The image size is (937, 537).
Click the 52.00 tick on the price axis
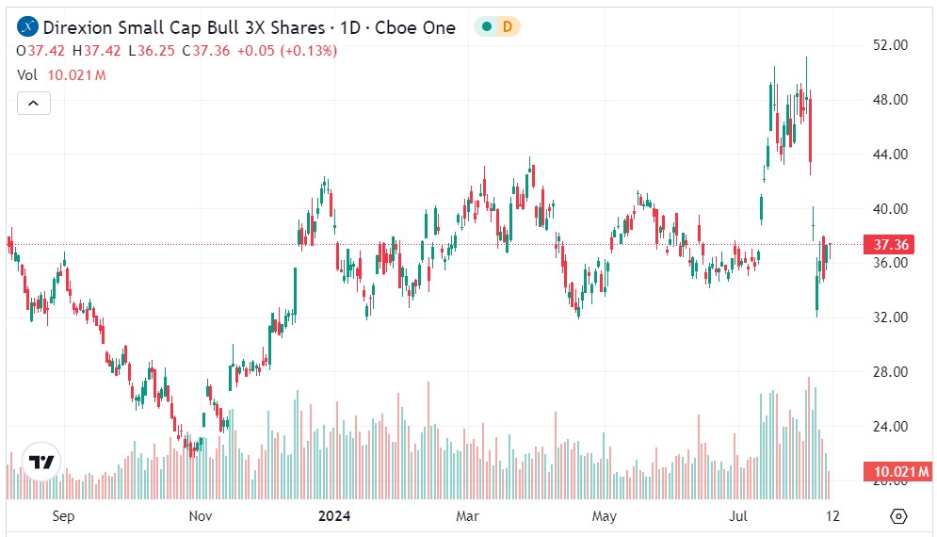tap(890, 44)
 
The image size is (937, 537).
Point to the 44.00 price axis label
tap(890, 155)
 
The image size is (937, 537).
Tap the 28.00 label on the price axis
tap(890, 372)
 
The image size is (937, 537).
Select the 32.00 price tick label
tap(890, 317)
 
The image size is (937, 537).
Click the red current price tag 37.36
tap(890, 245)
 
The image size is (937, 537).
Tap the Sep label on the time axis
tap(63, 516)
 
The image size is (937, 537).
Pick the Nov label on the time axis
tap(200, 516)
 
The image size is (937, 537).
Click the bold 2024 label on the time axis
tap(334, 516)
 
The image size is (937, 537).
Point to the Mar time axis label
tap(467, 516)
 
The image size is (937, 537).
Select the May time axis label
tap(604, 516)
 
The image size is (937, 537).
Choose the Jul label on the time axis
tap(739, 516)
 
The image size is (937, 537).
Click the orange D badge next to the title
tap(508, 27)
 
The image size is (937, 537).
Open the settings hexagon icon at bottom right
tap(897, 516)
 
